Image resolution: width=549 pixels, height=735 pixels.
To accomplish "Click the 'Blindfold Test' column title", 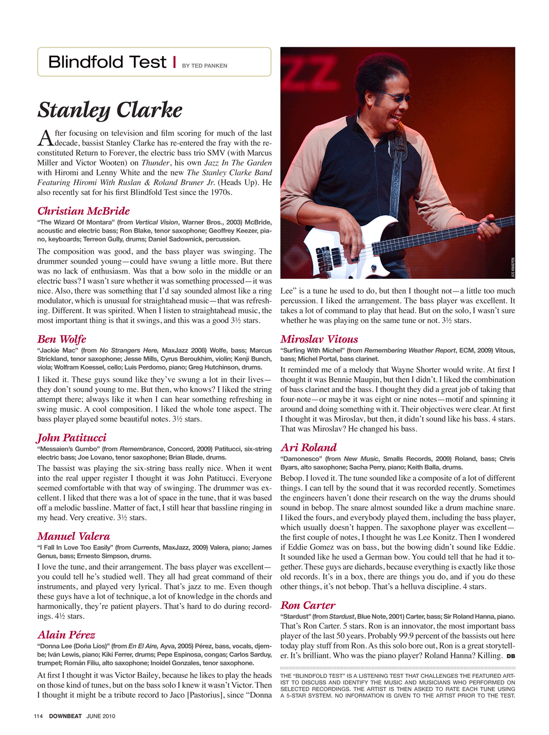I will click(107, 62).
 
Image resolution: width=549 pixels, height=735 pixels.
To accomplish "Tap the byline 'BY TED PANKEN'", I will click(204, 66).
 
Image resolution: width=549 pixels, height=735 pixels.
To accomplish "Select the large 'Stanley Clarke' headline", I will click(110, 110).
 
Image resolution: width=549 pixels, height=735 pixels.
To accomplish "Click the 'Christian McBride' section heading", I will click(83, 211).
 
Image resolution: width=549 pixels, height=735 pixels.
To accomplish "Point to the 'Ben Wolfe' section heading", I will click(61, 339).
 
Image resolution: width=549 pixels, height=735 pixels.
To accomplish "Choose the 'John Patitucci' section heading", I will click(72, 438).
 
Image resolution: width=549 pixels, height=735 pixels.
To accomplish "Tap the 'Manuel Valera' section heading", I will click(74, 536).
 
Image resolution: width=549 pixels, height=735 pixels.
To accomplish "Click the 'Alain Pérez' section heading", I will click(66, 635).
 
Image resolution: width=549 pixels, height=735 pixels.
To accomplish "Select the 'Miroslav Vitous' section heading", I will click(319, 339).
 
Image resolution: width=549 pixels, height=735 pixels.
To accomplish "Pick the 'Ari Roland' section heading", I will click(308, 447).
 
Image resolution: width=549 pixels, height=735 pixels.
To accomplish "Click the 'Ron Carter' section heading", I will click(308, 605).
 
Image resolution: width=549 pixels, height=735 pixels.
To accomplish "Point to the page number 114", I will click(38, 716).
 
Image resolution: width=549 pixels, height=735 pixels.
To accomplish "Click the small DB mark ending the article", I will click(510, 656).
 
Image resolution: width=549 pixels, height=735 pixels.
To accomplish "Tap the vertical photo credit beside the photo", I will click(512, 267).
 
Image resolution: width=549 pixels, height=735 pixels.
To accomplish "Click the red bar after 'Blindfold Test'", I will click(175, 62).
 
